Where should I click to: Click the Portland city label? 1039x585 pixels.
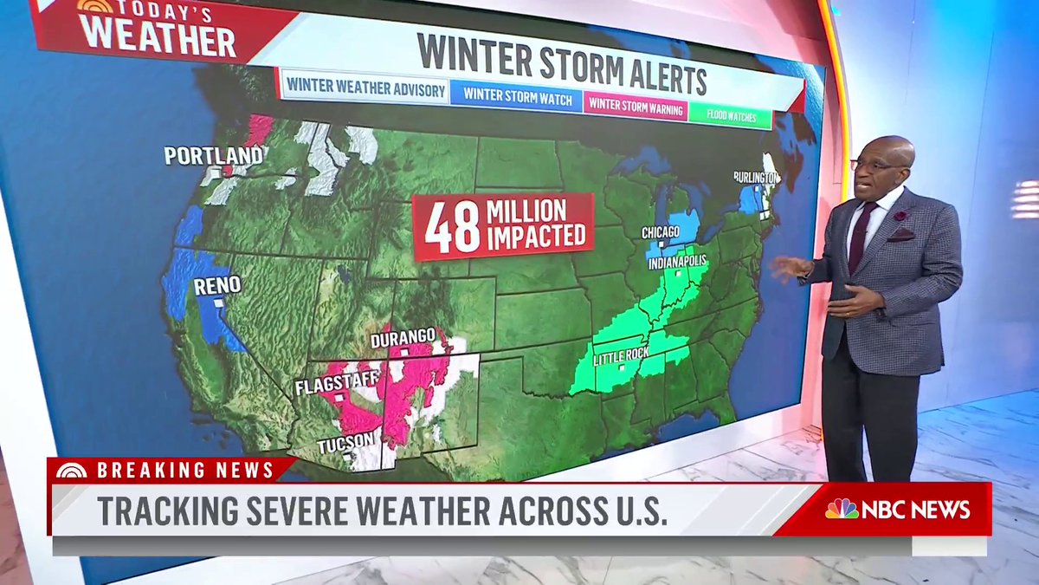click(x=213, y=156)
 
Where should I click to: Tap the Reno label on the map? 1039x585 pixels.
click(x=217, y=286)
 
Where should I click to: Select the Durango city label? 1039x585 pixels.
click(x=403, y=337)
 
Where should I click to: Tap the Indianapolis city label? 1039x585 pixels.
click(x=678, y=260)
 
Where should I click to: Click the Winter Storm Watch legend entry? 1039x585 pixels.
click(x=517, y=98)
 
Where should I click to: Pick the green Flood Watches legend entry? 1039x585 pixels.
click(x=730, y=116)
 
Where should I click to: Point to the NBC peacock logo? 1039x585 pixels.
click(x=841, y=509)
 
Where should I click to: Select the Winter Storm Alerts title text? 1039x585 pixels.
click(x=561, y=65)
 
